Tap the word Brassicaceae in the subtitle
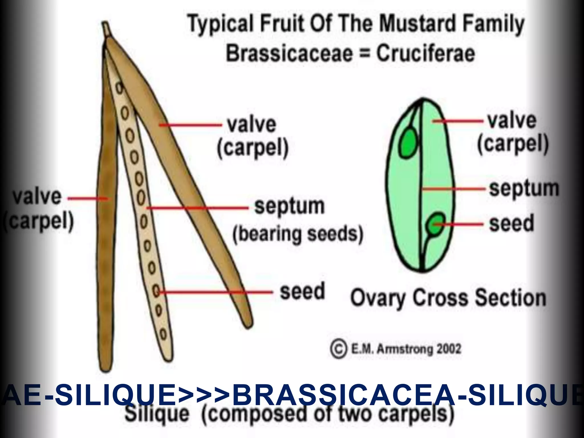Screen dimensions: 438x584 [x=289, y=54]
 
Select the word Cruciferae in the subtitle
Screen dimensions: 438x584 [x=425, y=54]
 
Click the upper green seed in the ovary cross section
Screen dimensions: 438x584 [x=408, y=143]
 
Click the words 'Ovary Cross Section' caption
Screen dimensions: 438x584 [x=448, y=298]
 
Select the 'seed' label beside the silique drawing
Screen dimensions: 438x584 [x=302, y=291]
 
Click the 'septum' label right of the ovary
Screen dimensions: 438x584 [x=524, y=189]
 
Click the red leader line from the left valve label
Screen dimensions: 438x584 [x=87, y=198]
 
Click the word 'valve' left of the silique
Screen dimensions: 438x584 [x=37, y=197]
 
